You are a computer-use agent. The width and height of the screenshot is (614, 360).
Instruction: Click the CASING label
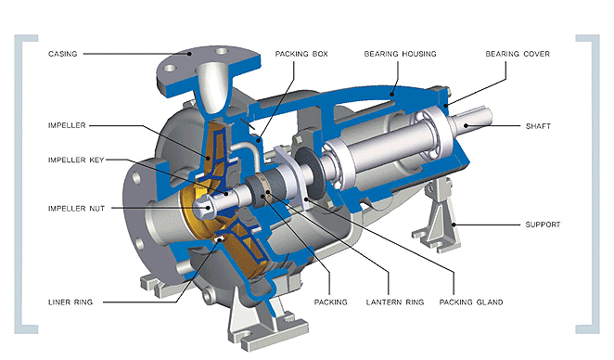pos(63,54)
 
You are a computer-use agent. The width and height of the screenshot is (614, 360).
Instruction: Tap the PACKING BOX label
pos(301,54)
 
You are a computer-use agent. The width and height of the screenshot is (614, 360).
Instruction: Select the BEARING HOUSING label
pos(400,54)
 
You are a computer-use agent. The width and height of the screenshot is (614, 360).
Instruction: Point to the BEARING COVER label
pos(518,54)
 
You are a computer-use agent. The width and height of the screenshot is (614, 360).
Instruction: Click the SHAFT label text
pos(538,126)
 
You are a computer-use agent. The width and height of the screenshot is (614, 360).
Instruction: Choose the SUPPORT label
pos(543,225)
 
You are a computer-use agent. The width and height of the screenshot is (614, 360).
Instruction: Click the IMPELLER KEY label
pos(76,160)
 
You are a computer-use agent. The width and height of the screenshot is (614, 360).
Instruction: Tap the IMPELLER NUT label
pos(76,209)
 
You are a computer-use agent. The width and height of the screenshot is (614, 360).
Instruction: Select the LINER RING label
pos(70,302)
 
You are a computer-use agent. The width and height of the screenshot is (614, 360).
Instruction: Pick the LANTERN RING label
pos(395,302)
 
